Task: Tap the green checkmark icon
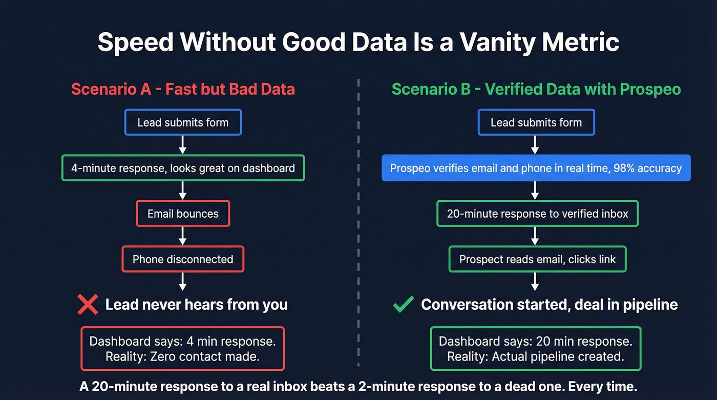(403, 305)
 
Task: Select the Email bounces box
(183, 214)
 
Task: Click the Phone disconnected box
(183, 259)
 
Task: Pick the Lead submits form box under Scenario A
(183, 122)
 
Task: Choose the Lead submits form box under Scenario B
(536, 122)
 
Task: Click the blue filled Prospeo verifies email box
(536, 168)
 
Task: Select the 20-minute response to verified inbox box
(537, 214)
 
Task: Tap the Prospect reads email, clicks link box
(537, 259)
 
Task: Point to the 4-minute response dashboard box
(183, 168)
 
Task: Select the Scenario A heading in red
(183, 89)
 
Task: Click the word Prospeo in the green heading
(650, 89)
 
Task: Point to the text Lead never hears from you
(196, 305)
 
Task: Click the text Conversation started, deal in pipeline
(549, 305)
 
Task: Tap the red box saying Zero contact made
(183, 349)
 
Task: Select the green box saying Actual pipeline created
(536, 349)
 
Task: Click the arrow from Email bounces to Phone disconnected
(183, 236)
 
